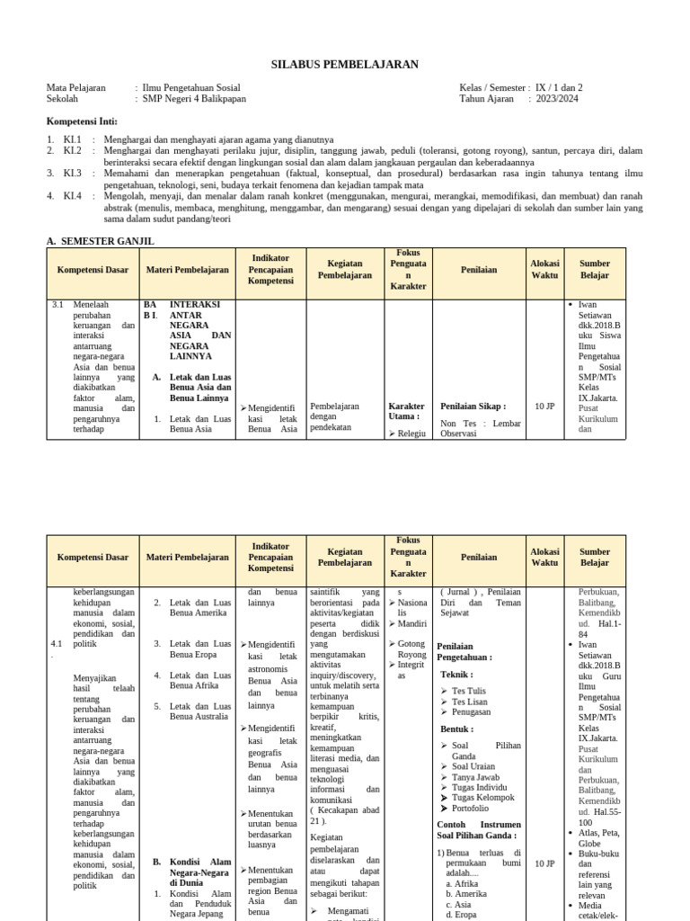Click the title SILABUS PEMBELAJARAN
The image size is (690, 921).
345,65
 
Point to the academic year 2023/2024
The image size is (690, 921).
557,99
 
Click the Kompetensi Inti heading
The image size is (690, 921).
82,121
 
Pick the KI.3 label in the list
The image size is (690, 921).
72,174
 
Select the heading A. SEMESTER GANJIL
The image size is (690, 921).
100,241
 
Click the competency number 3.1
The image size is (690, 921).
57,305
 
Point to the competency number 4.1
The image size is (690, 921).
56,644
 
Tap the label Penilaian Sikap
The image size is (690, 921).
473,407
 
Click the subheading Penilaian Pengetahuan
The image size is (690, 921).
464,652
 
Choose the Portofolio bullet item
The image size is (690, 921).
471,809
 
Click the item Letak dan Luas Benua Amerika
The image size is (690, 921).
199,607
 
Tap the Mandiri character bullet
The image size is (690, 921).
412,623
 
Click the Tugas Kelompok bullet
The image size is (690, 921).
483,798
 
